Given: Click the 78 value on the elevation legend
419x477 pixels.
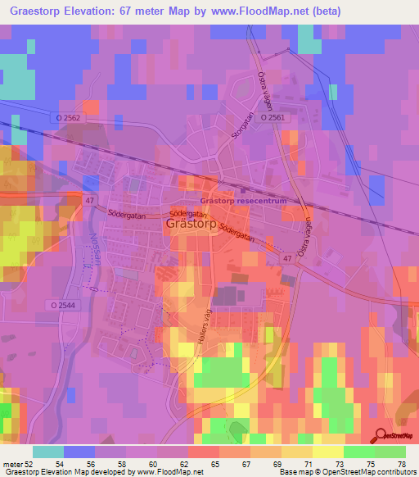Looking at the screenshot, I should click(400, 464).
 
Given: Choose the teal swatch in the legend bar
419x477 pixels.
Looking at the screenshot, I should click(48, 452).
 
